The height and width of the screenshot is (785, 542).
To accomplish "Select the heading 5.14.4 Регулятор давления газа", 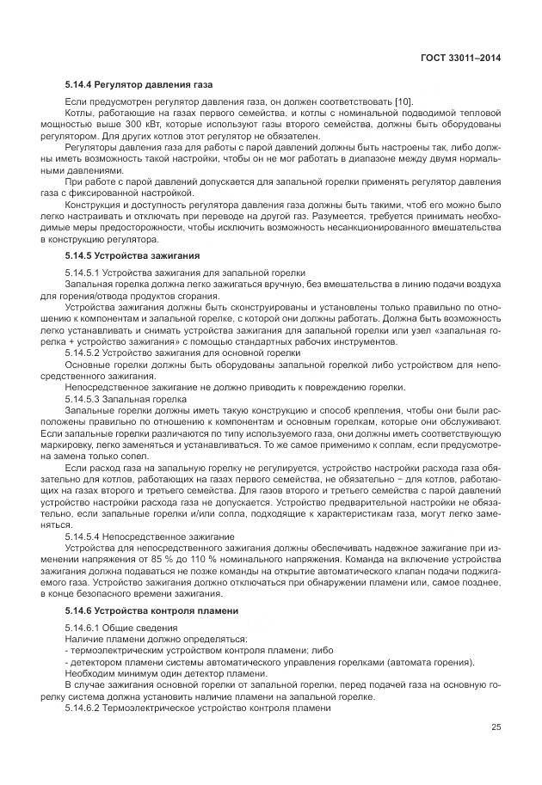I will click(x=138, y=86).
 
